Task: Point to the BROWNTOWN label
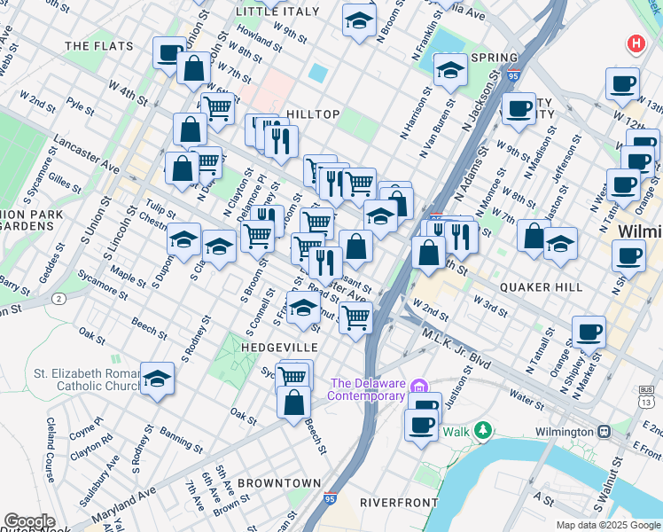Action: click(x=279, y=483)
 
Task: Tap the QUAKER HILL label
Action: click(x=541, y=287)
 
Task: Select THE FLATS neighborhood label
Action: click(x=98, y=45)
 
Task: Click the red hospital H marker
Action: click(x=636, y=43)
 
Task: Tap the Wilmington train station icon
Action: click(x=604, y=432)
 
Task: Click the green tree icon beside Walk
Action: click(x=482, y=431)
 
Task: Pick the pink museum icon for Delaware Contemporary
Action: click(x=422, y=384)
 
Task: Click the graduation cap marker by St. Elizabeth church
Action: click(x=157, y=378)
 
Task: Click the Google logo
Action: click(x=29, y=521)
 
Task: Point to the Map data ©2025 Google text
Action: click(x=608, y=525)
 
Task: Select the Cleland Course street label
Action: click(x=51, y=450)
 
